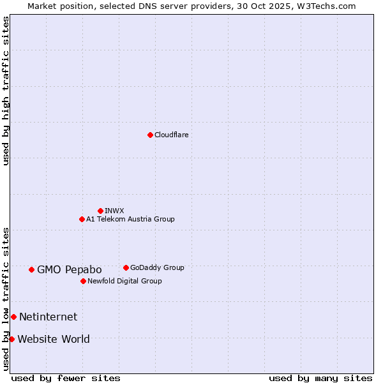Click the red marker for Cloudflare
(150, 135)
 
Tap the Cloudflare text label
(171, 135)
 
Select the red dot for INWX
(100, 211)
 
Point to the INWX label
(114, 211)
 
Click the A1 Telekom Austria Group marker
(82, 219)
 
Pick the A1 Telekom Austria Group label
(130, 220)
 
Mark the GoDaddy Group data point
(126, 267)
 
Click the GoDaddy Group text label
(157, 268)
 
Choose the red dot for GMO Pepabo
(31, 269)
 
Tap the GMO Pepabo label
(69, 270)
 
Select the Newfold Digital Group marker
(83, 281)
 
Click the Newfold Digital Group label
(124, 282)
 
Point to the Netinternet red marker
(13, 317)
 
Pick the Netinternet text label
(48, 317)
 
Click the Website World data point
(11, 339)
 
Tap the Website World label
(54, 340)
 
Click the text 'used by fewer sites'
(66, 378)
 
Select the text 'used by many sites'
(320, 378)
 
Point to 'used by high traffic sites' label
(6, 91)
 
